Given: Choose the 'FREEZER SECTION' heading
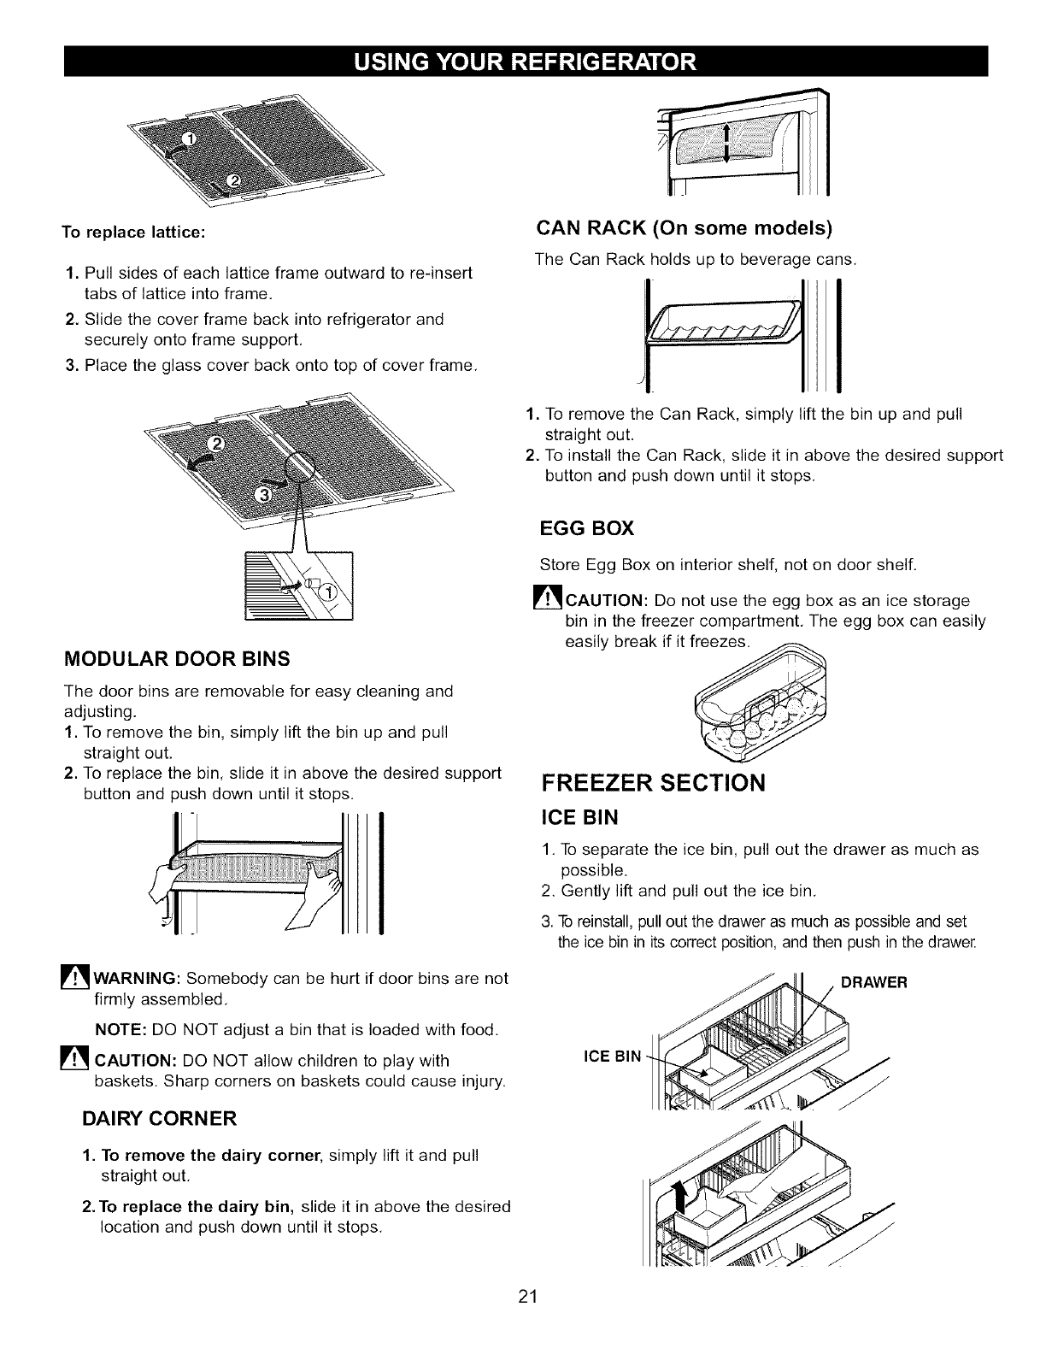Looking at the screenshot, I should [654, 783].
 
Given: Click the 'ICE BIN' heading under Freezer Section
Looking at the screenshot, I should [580, 818].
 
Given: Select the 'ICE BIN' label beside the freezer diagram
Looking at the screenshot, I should [611, 1057].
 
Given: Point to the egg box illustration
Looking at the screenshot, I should [762, 705].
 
